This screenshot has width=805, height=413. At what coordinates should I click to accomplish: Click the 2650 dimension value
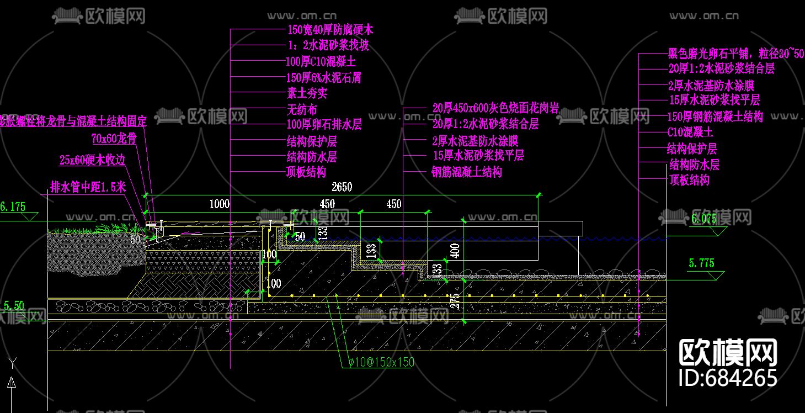pos(342,187)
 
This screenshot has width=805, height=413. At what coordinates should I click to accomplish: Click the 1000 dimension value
pos(219,204)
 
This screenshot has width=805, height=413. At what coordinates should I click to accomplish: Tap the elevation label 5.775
pos(701,263)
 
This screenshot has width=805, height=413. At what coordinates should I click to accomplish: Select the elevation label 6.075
pos(703,219)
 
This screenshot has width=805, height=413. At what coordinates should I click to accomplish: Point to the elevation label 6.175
pos(13,207)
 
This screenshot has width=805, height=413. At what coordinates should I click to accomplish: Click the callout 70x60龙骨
pos(114,139)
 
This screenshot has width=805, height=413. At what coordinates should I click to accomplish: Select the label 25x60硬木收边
pos(93,161)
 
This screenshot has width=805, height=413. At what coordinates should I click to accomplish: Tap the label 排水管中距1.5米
pos(88,187)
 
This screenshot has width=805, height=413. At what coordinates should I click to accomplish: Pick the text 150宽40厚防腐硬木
pos(330,30)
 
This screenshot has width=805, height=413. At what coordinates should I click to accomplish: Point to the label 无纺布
pos(302,110)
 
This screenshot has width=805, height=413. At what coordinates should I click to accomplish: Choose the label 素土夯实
pos(307,94)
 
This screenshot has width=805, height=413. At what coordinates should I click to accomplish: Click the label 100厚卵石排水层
pos(324,125)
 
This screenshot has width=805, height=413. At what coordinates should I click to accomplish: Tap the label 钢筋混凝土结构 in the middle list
pos(467,172)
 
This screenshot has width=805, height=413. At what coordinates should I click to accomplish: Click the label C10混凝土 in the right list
pos(690,133)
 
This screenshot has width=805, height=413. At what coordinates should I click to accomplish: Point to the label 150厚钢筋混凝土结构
pos(715,117)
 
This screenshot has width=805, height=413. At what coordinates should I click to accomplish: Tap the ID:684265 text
pos(728,378)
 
